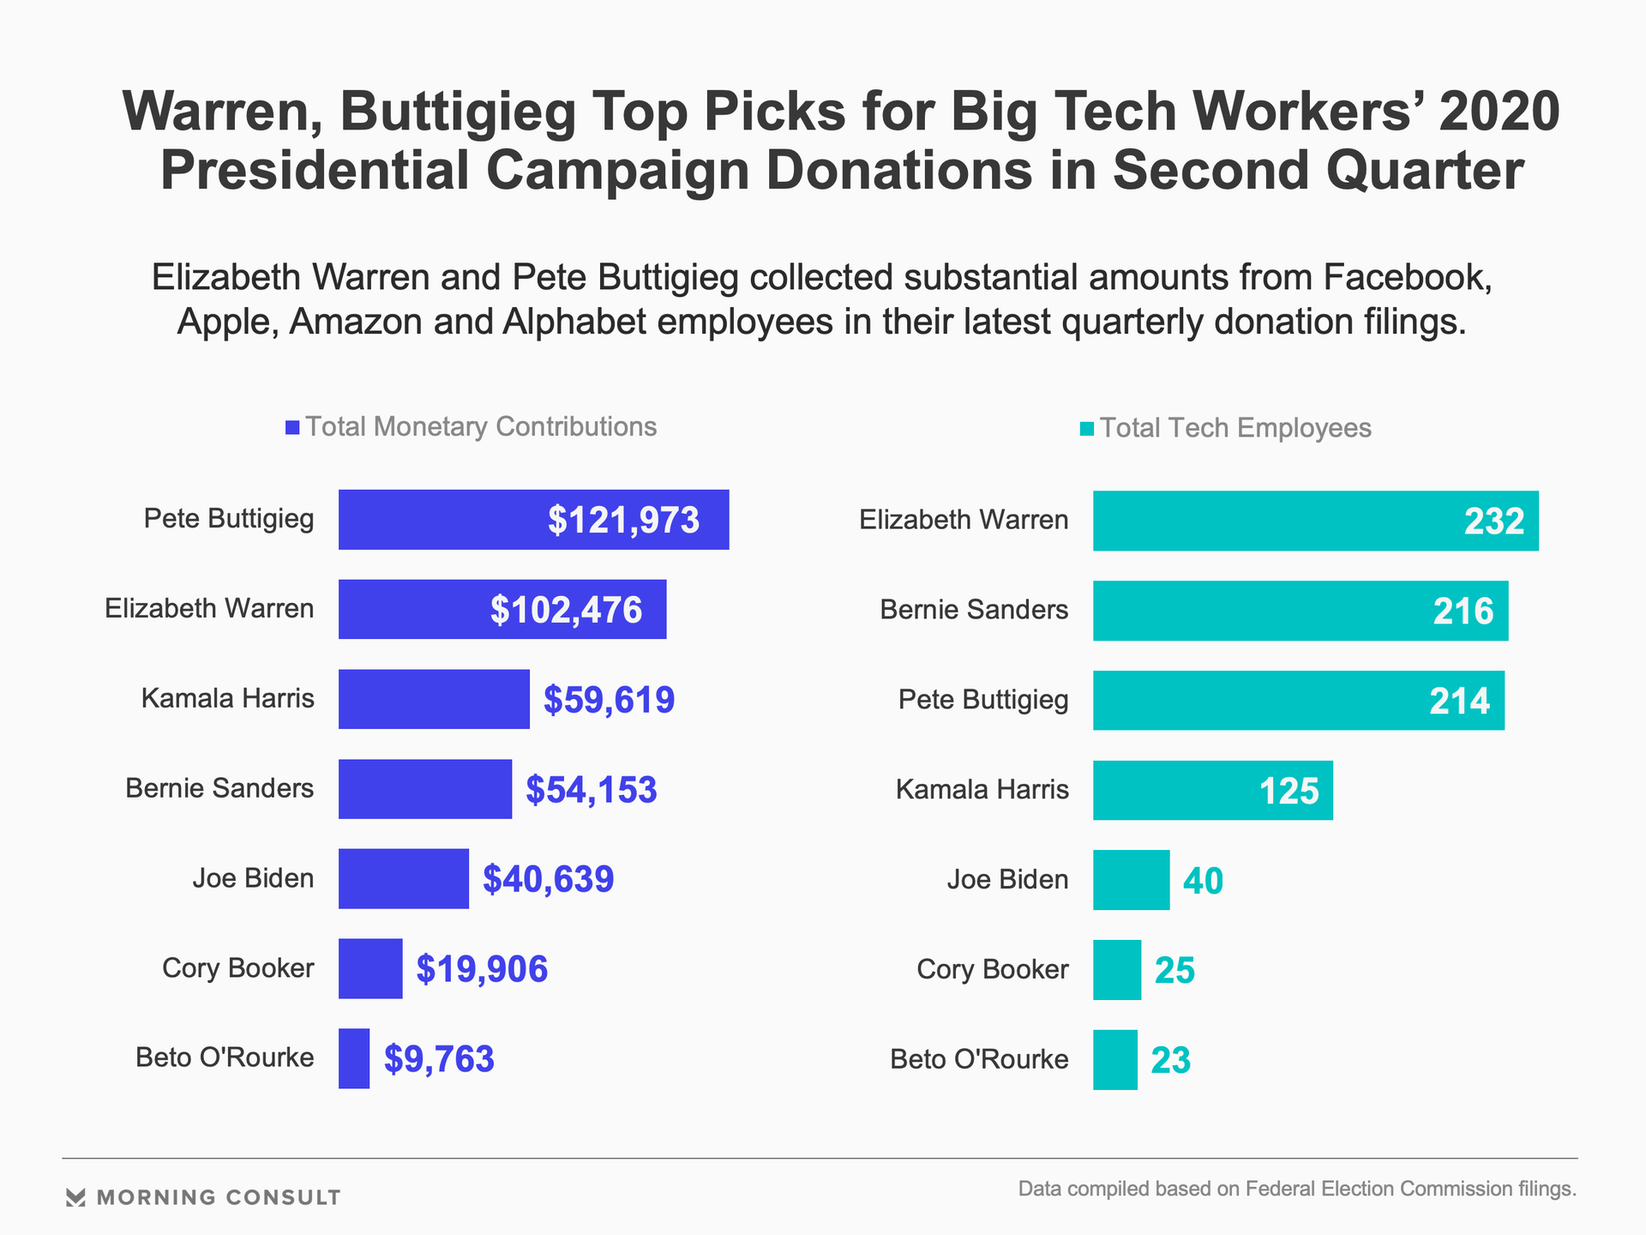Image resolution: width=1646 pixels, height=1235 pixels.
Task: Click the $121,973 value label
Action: (x=623, y=521)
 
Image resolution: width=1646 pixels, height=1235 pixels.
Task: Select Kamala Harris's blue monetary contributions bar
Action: (x=434, y=699)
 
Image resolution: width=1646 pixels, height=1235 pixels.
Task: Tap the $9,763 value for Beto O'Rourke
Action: (x=439, y=1059)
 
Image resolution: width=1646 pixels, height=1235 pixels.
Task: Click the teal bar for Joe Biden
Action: (x=1131, y=880)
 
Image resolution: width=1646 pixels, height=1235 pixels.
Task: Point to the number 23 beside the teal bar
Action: (x=1170, y=1061)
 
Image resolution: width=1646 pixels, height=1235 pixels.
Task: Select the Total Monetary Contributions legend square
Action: (x=292, y=427)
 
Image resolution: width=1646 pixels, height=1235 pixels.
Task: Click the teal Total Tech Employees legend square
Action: (x=1086, y=429)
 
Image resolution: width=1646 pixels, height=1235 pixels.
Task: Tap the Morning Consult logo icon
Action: (x=75, y=1197)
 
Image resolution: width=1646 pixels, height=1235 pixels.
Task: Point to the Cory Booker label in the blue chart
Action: (x=237, y=968)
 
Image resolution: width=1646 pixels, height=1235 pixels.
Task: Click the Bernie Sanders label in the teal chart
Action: (x=974, y=610)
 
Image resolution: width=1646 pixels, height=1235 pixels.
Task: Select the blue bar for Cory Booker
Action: (x=370, y=968)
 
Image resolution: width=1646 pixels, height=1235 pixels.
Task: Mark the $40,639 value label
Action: (x=548, y=879)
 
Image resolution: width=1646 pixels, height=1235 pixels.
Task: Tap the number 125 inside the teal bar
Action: (x=1289, y=791)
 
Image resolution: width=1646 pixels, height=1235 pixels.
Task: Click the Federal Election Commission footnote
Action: (x=1296, y=1189)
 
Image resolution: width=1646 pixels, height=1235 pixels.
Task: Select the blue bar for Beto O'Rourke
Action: (x=354, y=1058)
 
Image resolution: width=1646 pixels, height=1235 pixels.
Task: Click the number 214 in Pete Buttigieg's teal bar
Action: (x=1459, y=702)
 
